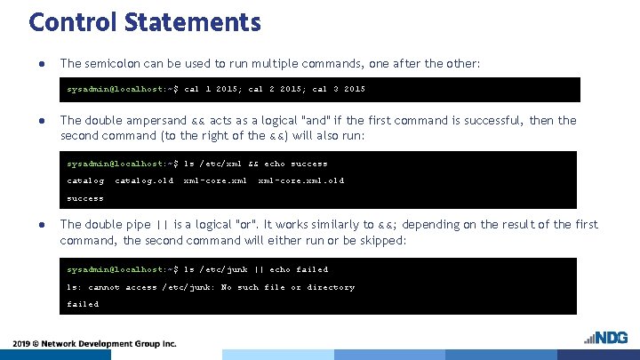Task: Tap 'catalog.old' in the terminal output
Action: pyautogui.click(x=144, y=180)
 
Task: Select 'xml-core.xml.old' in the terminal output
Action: pyautogui.click(x=300, y=180)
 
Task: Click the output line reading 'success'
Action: pyautogui.click(x=85, y=198)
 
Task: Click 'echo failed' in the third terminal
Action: pyautogui.click(x=300, y=269)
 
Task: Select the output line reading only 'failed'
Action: pyautogui.click(x=84, y=304)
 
